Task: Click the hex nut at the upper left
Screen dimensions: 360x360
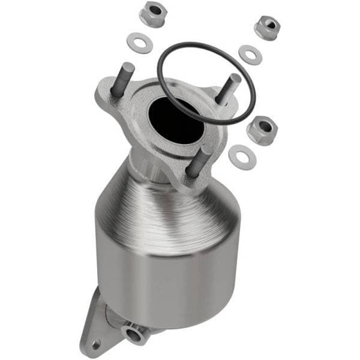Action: (152, 14)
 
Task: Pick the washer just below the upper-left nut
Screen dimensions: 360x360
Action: (139, 43)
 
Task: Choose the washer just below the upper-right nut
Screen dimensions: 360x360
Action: (250, 54)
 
